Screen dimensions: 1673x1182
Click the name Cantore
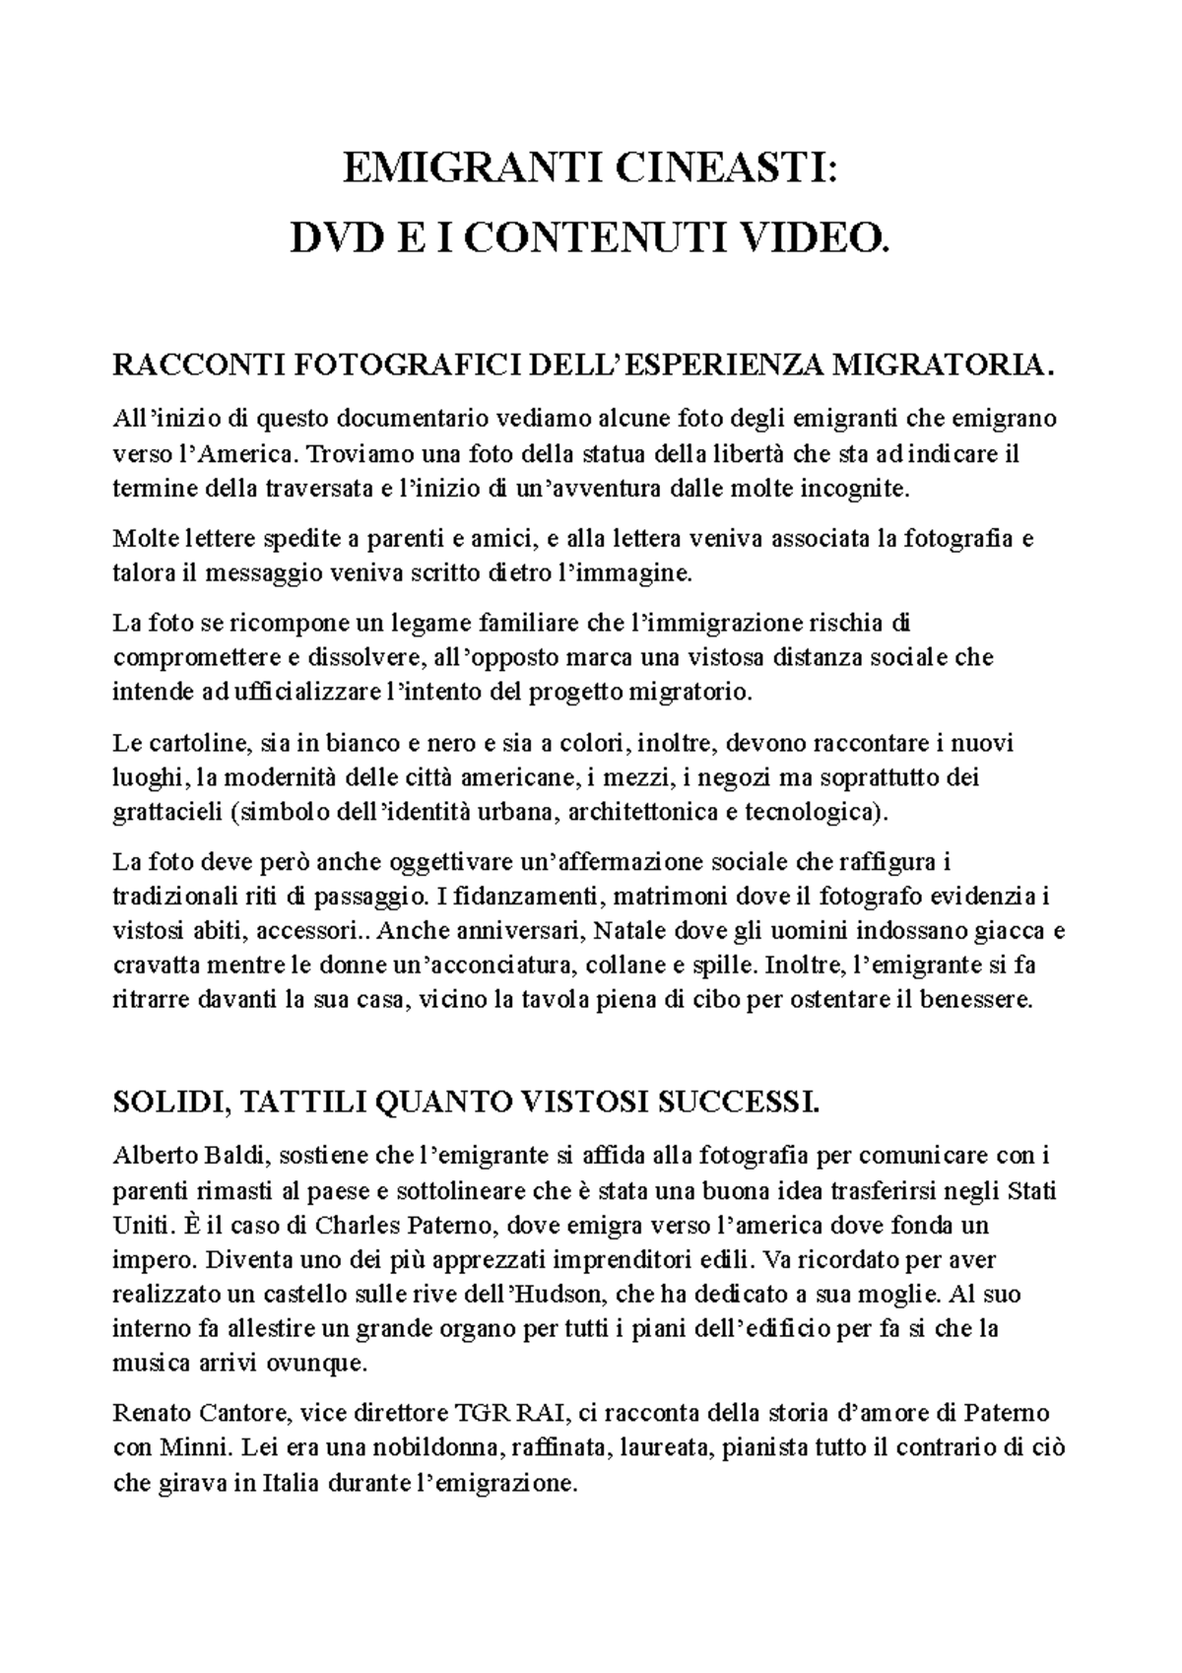pyautogui.click(x=244, y=1414)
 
